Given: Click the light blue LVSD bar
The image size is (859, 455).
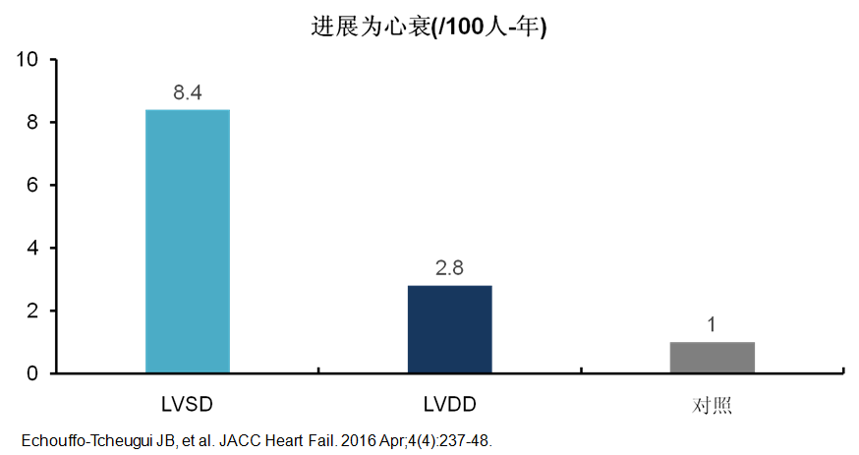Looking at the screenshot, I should [x=188, y=241].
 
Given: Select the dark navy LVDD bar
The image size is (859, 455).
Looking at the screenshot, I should [x=450, y=329].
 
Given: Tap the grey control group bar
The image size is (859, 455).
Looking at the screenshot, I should [x=713, y=358].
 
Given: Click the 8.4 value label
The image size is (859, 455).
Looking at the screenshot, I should [x=188, y=93].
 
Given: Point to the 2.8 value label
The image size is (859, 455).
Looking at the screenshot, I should [x=450, y=269].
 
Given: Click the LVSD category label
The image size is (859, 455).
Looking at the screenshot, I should [x=188, y=405].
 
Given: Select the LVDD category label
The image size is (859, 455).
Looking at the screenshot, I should [x=450, y=405].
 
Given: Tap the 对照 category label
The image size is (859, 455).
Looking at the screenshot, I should [x=713, y=406].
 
